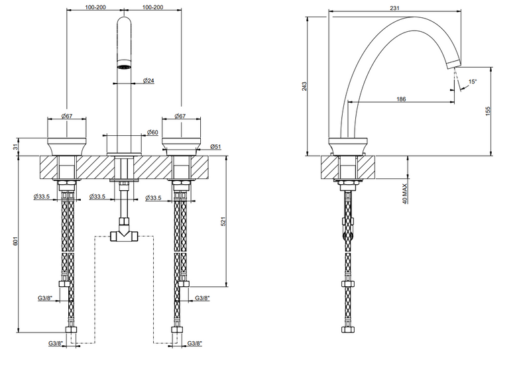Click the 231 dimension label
coord(394,8)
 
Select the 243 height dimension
coord(304,86)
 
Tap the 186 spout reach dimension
coord(401,99)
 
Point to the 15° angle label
coord(473,81)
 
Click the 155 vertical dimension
coord(488,111)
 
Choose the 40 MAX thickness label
coord(405,193)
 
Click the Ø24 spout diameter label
coord(148,80)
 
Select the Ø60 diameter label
coord(152,132)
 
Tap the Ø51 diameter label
coord(215,146)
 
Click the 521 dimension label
coord(223,221)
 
